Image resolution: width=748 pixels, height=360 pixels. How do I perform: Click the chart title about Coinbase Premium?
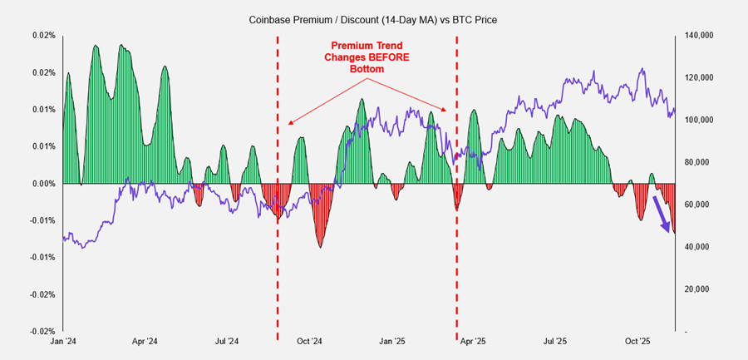tap(373, 19)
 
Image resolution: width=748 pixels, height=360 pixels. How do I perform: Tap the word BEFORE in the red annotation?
tap(395, 58)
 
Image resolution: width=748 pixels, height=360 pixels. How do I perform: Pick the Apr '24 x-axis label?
tap(145, 342)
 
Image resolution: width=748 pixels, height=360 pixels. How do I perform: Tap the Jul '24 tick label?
tap(227, 342)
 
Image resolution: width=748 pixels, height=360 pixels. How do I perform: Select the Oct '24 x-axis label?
tap(309, 342)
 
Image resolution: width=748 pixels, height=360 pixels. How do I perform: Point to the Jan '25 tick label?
tap(392, 342)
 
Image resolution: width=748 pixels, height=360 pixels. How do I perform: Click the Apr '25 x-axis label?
tap(473, 342)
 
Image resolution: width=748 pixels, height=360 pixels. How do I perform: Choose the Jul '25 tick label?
tap(555, 342)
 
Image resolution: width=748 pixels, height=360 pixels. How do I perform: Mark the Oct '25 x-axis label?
tap(637, 342)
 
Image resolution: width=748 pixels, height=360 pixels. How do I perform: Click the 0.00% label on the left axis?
tap(44, 184)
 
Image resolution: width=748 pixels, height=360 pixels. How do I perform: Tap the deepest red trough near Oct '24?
tap(321, 245)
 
